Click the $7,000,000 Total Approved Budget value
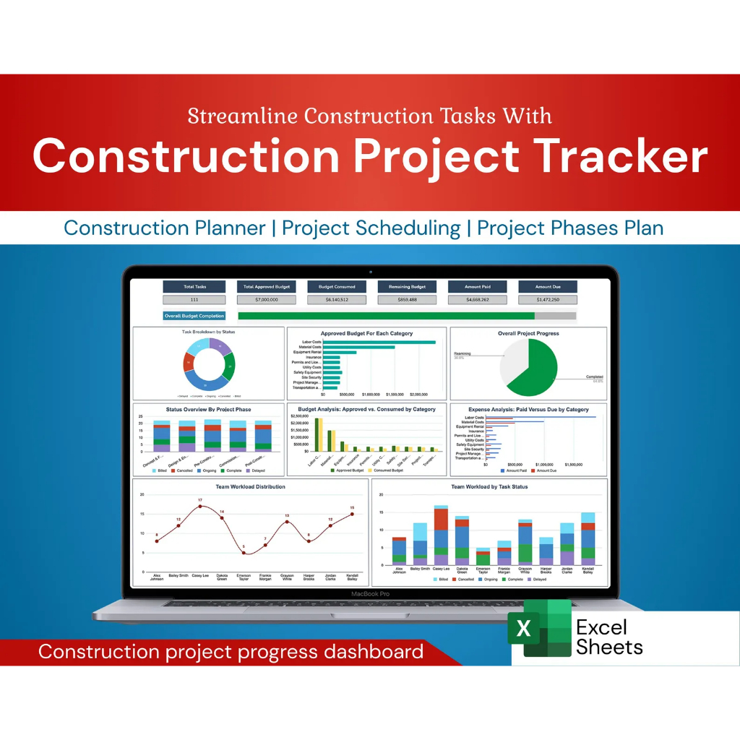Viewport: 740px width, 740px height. tap(266, 299)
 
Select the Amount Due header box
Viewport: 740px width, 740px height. tap(548, 286)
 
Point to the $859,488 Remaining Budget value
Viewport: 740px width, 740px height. tap(407, 299)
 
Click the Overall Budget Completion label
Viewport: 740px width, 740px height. tap(194, 316)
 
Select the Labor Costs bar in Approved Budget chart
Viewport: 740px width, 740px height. tap(379, 342)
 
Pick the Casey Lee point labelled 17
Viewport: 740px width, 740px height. tap(200, 507)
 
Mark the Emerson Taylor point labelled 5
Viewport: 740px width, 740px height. tap(244, 553)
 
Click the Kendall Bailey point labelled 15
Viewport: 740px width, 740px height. tap(352, 514)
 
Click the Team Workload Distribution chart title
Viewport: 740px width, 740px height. tap(250, 487)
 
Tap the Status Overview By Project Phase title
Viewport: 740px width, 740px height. tap(208, 410)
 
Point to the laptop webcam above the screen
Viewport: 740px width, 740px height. tap(370, 272)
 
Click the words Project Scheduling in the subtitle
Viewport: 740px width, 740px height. tap(371, 228)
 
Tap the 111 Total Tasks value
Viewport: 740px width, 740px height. tap(194, 299)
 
